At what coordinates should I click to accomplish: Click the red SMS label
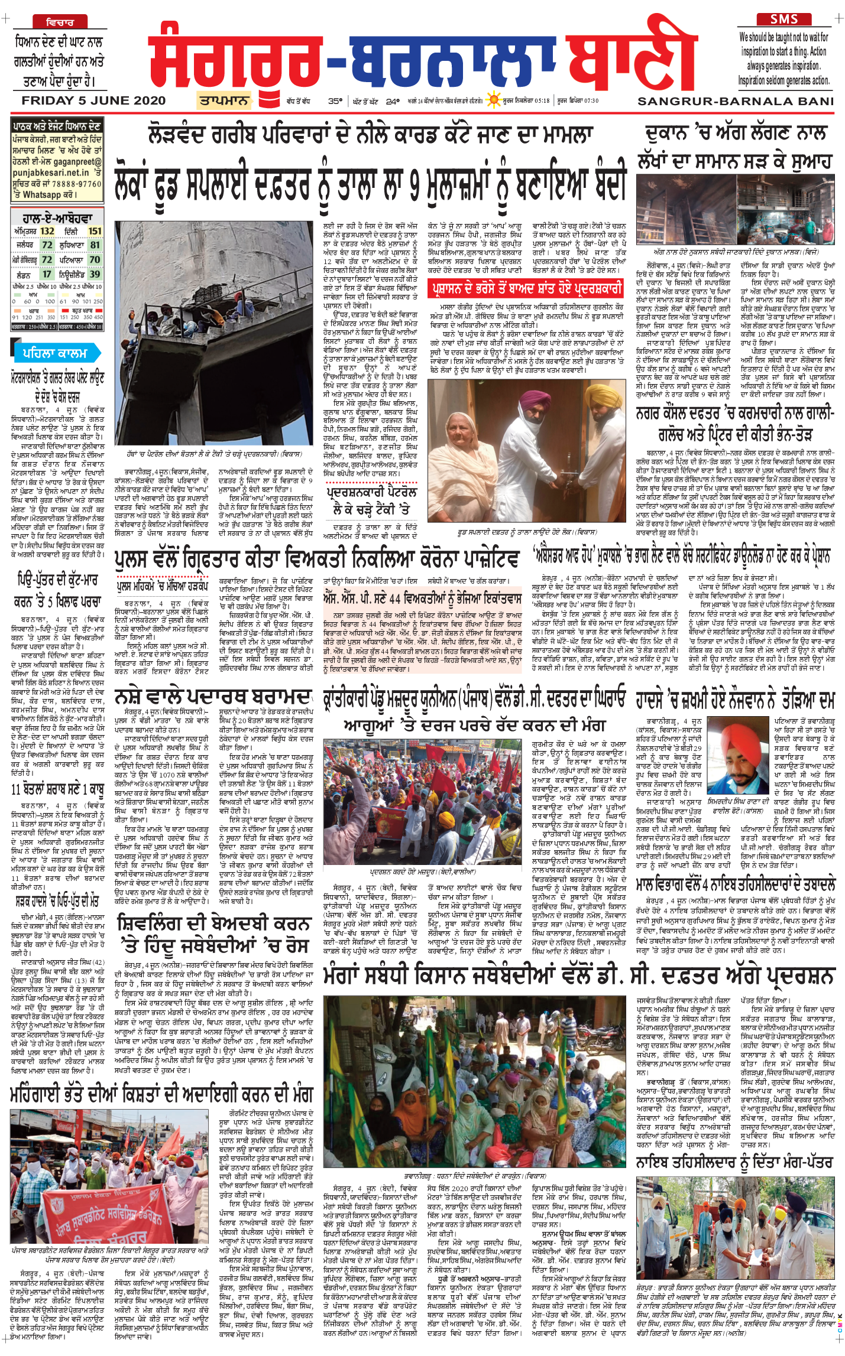[x=785, y=19]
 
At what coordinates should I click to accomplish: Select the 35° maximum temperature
[x=335, y=101]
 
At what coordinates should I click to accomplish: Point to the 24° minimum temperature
[x=393, y=101]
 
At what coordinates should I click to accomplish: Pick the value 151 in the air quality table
[x=95, y=231]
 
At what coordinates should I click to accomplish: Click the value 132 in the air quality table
[x=47, y=231]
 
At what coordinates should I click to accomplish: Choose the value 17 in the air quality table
[x=47, y=274]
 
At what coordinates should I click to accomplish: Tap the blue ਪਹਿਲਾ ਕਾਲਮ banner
[x=55, y=353]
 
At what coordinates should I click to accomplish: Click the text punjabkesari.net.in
[x=50, y=173]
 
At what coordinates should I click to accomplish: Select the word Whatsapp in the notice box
[x=42, y=194]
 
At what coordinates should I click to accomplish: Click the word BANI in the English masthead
[x=814, y=101]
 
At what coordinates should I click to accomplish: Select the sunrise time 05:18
[x=542, y=101]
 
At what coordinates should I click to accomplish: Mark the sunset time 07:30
[x=591, y=101]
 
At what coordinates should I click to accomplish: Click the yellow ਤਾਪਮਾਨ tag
[x=224, y=100]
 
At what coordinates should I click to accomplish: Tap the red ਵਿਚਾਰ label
[x=60, y=22]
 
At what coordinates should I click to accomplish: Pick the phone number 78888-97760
[x=76, y=184]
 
